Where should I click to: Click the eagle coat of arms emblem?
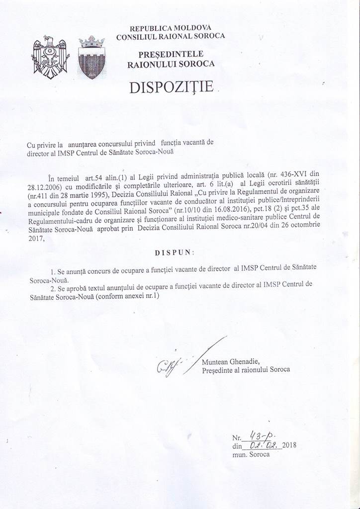coord(50,57)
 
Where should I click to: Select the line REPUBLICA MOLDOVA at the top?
coord(170,28)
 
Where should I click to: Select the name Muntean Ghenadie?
coord(231,362)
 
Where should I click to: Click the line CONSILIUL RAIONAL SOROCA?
coord(170,36)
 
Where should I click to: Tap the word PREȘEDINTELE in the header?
coord(171,54)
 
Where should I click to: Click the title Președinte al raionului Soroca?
coord(246,370)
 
